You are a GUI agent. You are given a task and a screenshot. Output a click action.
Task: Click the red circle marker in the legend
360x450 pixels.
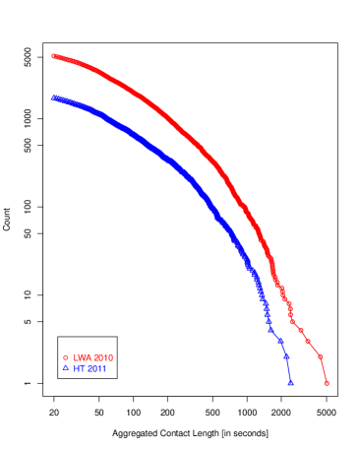pos(66,357)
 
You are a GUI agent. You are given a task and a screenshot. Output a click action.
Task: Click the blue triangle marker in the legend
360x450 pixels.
pos(66,368)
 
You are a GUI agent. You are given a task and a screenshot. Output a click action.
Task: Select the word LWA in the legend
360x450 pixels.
pos(82,357)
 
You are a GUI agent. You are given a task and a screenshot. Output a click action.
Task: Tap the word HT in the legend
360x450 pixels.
pos(80,368)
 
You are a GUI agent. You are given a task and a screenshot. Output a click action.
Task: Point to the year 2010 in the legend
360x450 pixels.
pos(102,357)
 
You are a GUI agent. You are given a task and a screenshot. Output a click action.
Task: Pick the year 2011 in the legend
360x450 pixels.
pos(96,368)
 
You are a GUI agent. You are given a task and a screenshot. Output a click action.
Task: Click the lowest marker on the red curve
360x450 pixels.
pos(327,383)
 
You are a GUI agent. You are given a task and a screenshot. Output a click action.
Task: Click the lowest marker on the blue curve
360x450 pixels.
pos(290,383)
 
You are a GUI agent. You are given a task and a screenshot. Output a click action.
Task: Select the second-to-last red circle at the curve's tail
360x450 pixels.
pos(321,356)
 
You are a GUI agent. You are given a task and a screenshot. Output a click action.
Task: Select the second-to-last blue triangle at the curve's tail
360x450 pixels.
pos(287,357)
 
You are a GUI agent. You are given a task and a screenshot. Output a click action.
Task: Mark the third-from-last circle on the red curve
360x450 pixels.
pos(308,341)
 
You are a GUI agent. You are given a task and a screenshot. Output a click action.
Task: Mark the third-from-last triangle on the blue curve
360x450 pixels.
pos(281,342)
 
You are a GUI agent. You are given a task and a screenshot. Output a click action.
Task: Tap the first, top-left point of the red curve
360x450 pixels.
pos(53,56)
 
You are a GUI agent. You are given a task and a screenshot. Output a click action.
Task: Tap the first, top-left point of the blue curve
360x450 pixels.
pos(53,96)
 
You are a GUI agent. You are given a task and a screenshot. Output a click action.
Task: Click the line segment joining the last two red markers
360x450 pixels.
pos(324,370)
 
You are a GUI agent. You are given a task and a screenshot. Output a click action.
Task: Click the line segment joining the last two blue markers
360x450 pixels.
pos(289,371)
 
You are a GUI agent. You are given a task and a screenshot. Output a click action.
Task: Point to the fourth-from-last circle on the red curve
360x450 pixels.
pos(300,330)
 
